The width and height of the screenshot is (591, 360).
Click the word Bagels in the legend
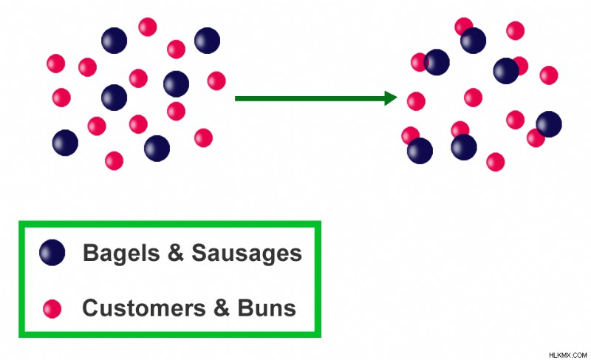(x=121, y=254)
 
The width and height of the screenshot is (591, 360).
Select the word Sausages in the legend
(x=247, y=254)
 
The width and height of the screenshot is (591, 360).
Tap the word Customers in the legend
(x=144, y=308)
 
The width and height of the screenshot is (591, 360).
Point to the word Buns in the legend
(x=267, y=308)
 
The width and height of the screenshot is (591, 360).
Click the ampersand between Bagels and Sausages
(x=176, y=252)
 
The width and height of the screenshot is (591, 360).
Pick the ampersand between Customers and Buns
(x=222, y=308)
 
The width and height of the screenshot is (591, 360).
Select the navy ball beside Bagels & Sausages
(x=52, y=252)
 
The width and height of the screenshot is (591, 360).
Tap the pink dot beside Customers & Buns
(x=52, y=309)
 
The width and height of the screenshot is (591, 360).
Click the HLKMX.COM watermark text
(x=567, y=355)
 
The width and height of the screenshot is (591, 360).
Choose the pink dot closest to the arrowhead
(x=416, y=101)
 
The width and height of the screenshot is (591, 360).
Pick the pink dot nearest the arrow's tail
(x=216, y=81)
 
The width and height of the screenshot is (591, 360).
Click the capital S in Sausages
(x=200, y=252)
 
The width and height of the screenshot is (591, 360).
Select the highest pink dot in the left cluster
(x=147, y=27)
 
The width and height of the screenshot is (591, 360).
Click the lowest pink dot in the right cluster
(x=495, y=162)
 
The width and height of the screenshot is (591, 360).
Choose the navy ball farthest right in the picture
(x=549, y=124)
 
